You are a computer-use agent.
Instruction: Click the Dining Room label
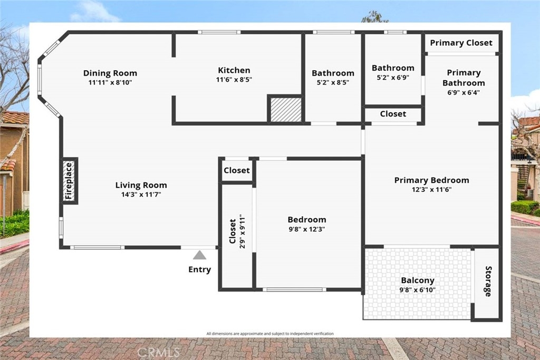(x=110, y=73)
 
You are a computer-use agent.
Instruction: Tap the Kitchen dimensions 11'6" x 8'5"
(x=234, y=80)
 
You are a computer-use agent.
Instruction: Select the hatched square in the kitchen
(x=285, y=110)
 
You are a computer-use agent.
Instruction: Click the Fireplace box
(x=69, y=181)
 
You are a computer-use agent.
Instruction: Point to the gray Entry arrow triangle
(x=199, y=255)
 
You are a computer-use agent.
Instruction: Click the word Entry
(x=200, y=269)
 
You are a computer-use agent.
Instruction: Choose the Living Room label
(x=141, y=185)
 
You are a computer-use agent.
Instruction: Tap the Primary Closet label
(x=461, y=43)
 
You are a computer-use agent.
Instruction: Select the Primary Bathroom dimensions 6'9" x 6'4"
(x=464, y=93)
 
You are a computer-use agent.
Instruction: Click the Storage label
(x=488, y=281)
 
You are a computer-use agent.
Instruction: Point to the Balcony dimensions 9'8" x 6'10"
(x=418, y=290)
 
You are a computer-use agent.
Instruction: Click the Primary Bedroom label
(x=431, y=180)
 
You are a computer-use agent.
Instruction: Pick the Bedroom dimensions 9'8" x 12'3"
(x=307, y=229)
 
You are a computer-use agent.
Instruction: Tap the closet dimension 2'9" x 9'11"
(x=243, y=232)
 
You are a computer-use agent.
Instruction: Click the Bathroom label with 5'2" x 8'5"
(x=333, y=73)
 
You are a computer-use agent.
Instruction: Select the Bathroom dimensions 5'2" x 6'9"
(x=393, y=77)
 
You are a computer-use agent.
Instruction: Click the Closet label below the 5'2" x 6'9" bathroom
(x=393, y=114)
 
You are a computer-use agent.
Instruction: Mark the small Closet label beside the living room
(x=237, y=170)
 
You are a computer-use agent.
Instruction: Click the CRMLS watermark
(x=159, y=352)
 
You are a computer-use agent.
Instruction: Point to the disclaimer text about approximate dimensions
(x=270, y=334)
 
